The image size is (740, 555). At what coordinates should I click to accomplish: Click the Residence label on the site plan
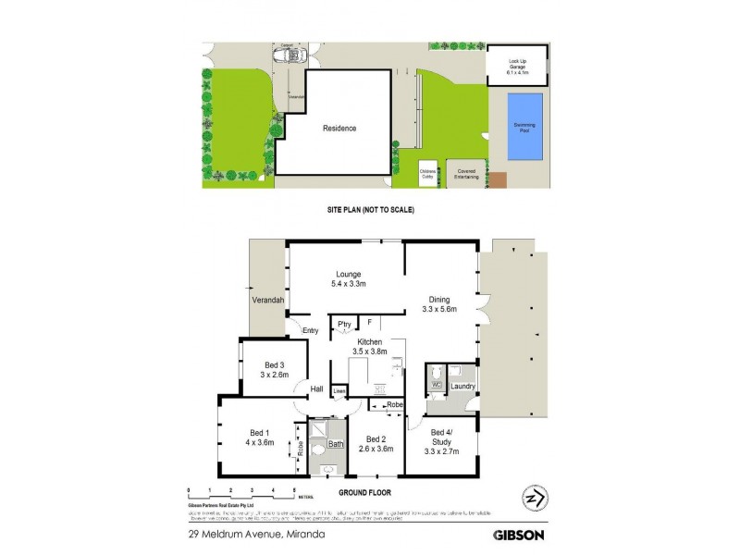(339, 129)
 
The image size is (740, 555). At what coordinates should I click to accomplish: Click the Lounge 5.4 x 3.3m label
(348, 278)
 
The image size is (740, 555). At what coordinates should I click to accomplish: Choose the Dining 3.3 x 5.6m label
(440, 304)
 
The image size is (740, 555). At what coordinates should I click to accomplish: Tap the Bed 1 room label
(259, 439)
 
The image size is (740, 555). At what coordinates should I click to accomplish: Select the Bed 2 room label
(375, 444)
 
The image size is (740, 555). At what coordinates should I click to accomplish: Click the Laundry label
(462, 386)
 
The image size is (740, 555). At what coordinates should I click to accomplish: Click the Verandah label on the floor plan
(265, 302)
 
